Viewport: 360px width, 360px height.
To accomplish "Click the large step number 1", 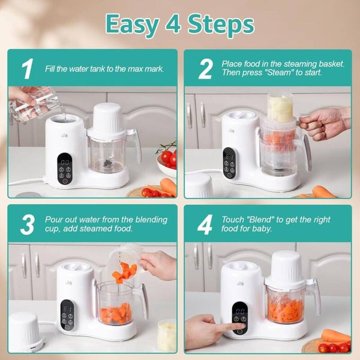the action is click(28, 68).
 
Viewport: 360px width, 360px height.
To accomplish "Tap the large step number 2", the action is click(205, 68).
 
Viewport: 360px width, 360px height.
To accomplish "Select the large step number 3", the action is click(28, 224).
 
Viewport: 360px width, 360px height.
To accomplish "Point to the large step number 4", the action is click(205, 224).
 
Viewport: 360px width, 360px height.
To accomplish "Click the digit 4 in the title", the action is click(173, 24).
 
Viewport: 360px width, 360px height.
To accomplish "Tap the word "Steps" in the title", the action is click(221, 25).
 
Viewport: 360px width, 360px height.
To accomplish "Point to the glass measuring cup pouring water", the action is click(34, 104).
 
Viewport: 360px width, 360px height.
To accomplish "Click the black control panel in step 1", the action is click(65, 169).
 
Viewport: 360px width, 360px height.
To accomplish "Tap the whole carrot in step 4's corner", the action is click(335, 335).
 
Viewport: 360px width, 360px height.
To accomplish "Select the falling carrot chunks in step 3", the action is click(124, 272).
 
